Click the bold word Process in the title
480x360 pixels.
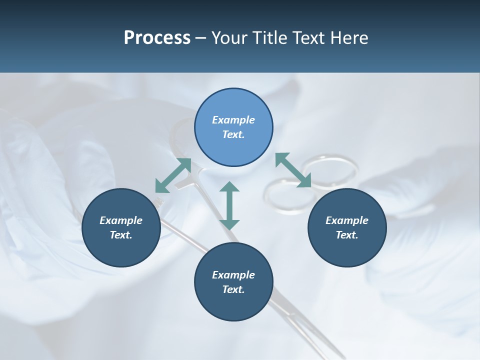[x=157, y=38]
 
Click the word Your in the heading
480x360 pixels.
[x=230, y=38]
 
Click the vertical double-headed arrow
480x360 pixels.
[x=229, y=205]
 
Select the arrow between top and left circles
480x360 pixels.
[x=173, y=175]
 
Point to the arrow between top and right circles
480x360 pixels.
[x=293, y=170]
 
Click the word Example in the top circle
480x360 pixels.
[x=233, y=120]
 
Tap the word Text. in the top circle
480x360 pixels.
[x=233, y=134]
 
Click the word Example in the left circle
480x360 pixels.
[x=121, y=220]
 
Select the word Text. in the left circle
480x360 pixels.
[x=121, y=235]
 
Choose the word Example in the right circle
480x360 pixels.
[x=347, y=220]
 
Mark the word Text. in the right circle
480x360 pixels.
[x=347, y=235]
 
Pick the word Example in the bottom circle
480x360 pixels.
[x=233, y=275]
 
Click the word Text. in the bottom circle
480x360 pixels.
[x=233, y=289]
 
